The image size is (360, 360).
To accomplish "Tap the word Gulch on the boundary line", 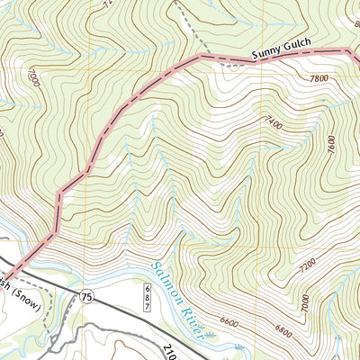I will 303,53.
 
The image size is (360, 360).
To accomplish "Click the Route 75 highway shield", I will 86,296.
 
